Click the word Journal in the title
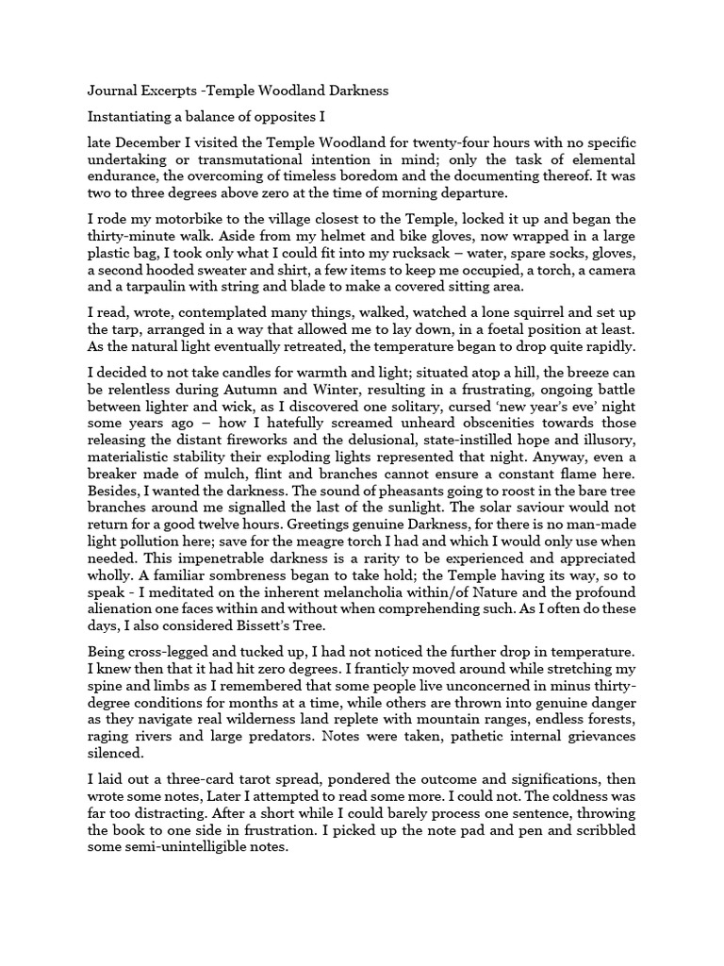tap(112, 91)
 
